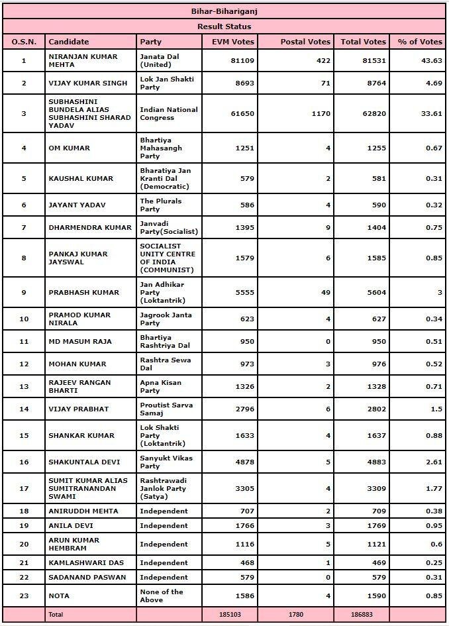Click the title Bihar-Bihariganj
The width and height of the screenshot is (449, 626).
pos(224,11)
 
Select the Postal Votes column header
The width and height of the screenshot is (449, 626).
pos(305,42)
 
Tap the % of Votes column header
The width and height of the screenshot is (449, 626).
pos(420,42)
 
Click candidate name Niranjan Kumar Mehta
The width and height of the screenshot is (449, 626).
pos(83,61)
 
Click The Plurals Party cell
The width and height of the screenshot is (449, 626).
pos(160,205)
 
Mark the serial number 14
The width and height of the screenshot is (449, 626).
pos(24,409)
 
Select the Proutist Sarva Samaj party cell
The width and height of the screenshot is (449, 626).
pos(167,409)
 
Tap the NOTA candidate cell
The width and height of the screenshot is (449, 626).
pos(60,596)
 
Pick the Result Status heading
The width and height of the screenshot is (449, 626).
pos(224,26)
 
